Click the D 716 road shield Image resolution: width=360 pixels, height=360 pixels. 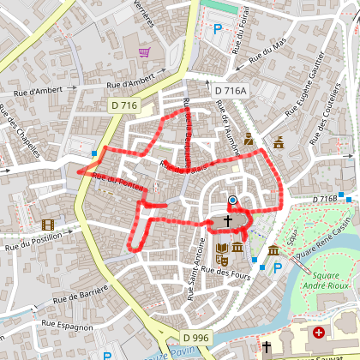[x=123, y=105]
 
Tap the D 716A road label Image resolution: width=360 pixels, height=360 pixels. [x=231, y=90]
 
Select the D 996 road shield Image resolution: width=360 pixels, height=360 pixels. [x=195, y=338]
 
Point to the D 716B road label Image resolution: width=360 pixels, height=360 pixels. [x=326, y=199]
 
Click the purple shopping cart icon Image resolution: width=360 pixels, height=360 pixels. [x=144, y=53]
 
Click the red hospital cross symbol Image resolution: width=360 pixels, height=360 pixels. [x=319, y=332]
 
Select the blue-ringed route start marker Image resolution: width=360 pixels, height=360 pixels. [x=232, y=201]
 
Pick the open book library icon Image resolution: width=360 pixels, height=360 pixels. [x=221, y=250]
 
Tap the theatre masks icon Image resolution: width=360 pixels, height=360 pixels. [x=279, y=143]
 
